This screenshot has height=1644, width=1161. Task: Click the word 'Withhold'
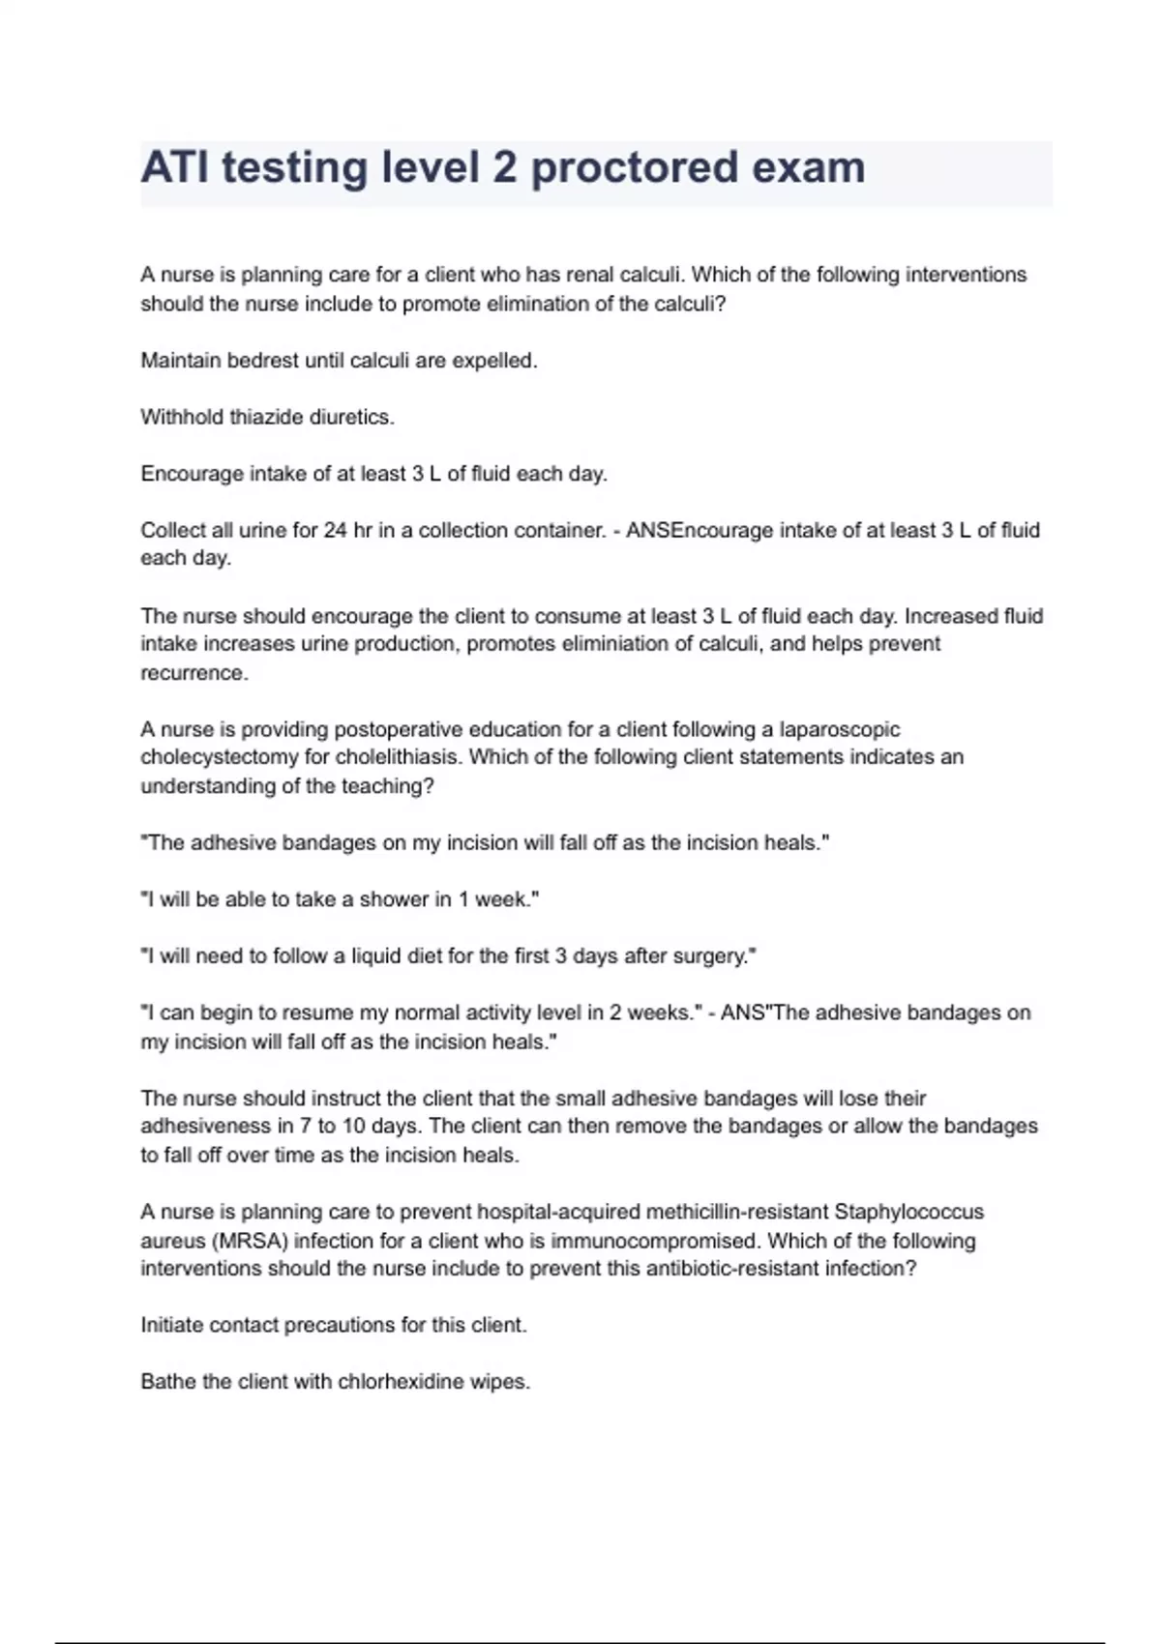pos(181,418)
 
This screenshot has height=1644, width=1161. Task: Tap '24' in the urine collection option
pos(335,531)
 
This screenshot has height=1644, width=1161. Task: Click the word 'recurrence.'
pos(194,673)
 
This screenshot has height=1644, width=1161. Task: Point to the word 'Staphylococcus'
pos(908,1212)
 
